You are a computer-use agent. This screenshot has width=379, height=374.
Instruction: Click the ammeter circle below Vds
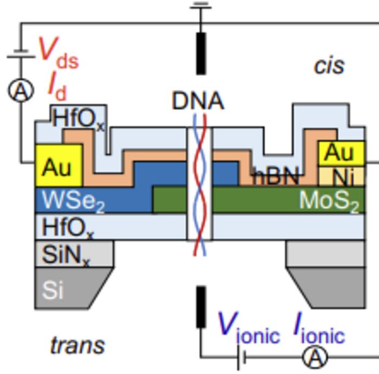[21, 91]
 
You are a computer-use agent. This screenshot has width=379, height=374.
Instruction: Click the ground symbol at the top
[201, 7]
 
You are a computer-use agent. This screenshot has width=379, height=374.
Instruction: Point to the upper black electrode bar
[201, 53]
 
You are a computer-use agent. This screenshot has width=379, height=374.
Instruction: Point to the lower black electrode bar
[201, 306]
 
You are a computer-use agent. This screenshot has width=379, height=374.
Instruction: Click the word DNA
[198, 101]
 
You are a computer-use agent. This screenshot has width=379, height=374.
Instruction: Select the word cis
[329, 65]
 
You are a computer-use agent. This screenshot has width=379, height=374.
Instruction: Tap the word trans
[77, 345]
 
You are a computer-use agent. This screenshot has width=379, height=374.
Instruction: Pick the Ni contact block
[341, 176]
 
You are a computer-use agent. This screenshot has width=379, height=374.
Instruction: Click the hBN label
[276, 176]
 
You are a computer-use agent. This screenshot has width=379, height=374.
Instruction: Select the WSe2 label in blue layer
[73, 201]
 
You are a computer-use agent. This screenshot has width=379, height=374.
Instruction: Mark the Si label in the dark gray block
[53, 290]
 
